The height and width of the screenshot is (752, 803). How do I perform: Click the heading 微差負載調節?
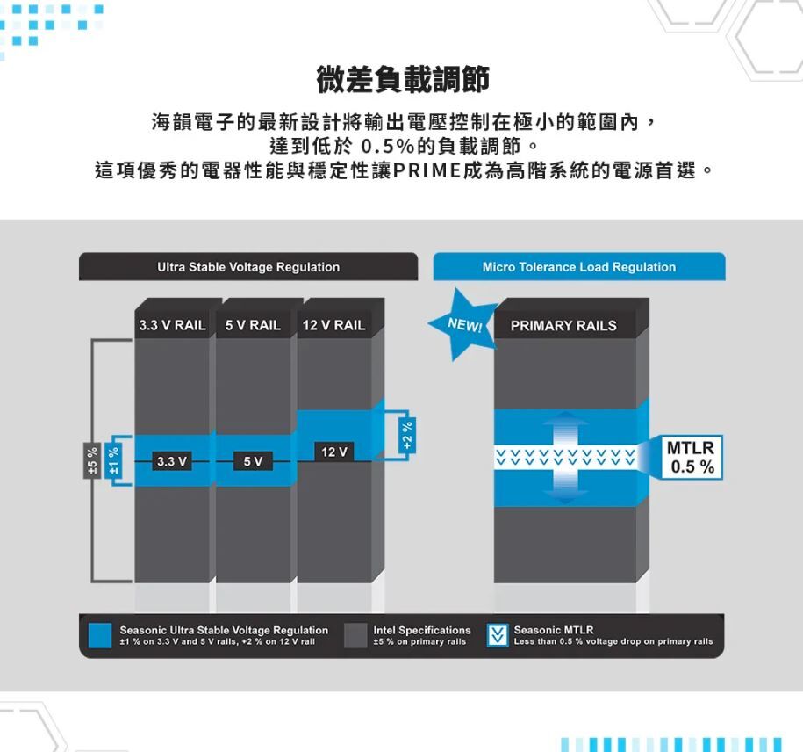coord(403,81)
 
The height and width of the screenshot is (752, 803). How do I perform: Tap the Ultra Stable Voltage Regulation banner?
coord(248,267)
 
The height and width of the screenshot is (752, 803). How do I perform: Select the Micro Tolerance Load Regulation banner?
coord(578,267)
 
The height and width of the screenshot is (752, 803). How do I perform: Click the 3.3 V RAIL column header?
coord(172,325)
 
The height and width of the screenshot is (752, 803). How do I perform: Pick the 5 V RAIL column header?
coord(253,325)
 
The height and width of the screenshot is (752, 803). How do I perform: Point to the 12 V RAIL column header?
coord(333,325)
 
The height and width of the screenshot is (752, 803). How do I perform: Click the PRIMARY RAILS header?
coord(563,326)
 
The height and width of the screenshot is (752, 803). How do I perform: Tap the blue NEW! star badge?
coord(463,325)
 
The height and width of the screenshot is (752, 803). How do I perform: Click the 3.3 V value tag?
coord(170,461)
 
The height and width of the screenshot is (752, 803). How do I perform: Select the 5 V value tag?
coord(253,461)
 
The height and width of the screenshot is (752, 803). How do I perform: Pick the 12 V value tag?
coord(333,452)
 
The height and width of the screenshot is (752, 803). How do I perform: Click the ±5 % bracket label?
coord(90,460)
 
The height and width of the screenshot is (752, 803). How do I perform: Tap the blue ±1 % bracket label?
coord(112,460)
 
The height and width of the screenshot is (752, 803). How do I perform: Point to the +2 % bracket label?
coord(406,435)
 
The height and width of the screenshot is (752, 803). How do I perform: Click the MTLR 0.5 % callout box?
coord(691,458)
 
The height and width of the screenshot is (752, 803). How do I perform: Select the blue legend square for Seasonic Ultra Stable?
coord(101,635)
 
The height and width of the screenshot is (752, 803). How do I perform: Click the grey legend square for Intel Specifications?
coord(355,635)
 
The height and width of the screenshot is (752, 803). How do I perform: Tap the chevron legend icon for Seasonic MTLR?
coord(498,635)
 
